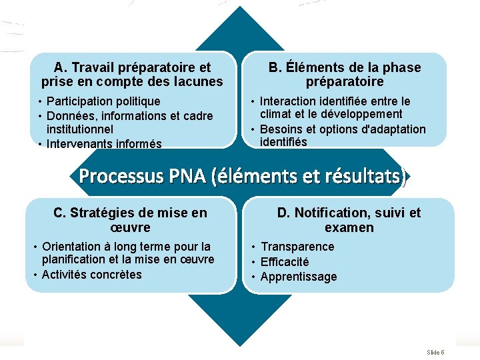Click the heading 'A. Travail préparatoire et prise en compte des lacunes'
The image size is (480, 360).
[x=132, y=75]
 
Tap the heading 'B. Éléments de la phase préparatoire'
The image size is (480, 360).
[x=345, y=75]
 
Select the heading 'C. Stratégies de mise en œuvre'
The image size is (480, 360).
[x=130, y=220]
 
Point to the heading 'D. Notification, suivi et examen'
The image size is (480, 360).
[x=349, y=220]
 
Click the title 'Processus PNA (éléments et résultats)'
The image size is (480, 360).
[x=243, y=177]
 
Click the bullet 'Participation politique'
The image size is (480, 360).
[x=103, y=101]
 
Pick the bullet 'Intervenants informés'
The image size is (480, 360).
[x=104, y=143]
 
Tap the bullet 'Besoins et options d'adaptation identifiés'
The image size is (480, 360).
[x=342, y=135]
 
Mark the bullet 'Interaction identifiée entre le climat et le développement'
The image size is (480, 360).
[x=335, y=108]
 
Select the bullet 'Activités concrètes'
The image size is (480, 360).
[x=91, y=274]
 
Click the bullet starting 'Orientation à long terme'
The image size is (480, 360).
[x=127, y=253]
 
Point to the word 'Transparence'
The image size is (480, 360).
[x=297, y=247]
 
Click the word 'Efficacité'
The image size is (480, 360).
[x=285, y=262]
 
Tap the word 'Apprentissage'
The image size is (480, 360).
[x=299, y=277]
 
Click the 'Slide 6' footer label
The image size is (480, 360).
[x=435, y=352]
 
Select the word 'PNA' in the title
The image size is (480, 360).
[x=187, y=177]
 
